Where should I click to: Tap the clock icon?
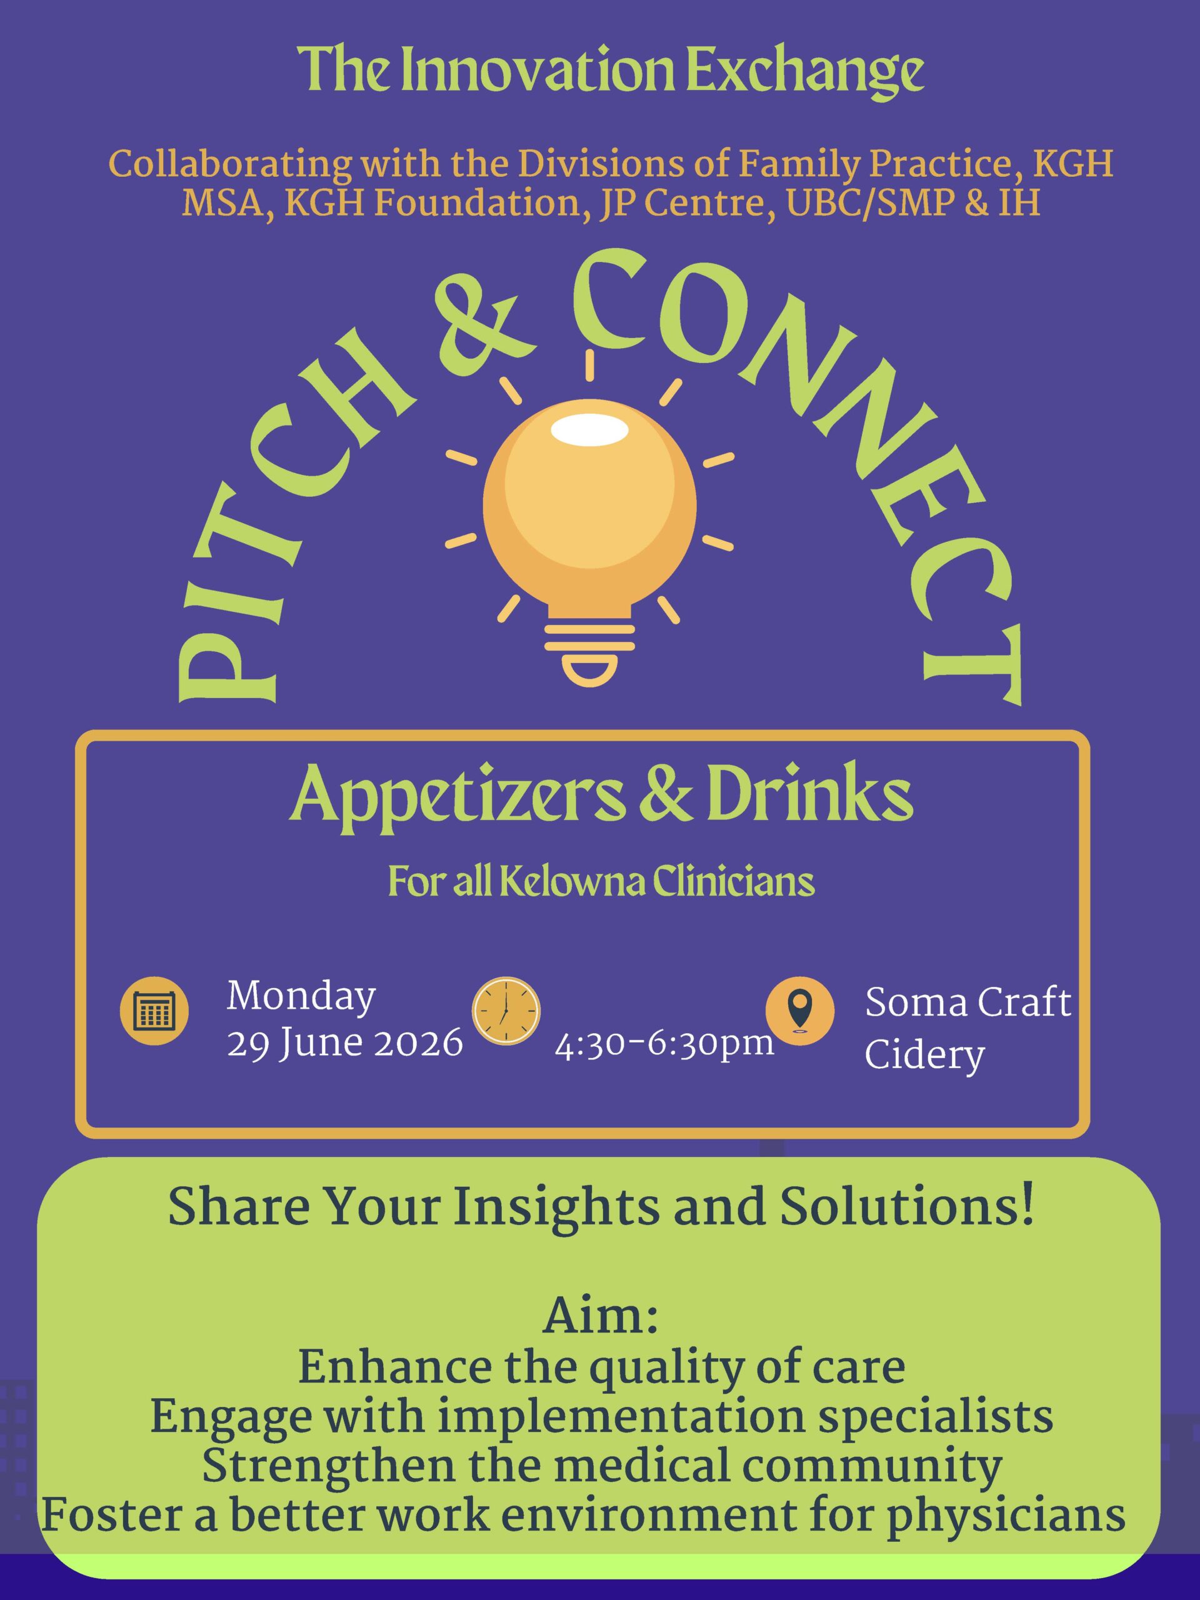(506, 1011)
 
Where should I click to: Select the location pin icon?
(800, 1011)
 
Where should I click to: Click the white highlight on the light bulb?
(589, 429)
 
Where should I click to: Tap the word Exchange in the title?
(804, 70)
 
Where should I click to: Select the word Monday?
(301, 997)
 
